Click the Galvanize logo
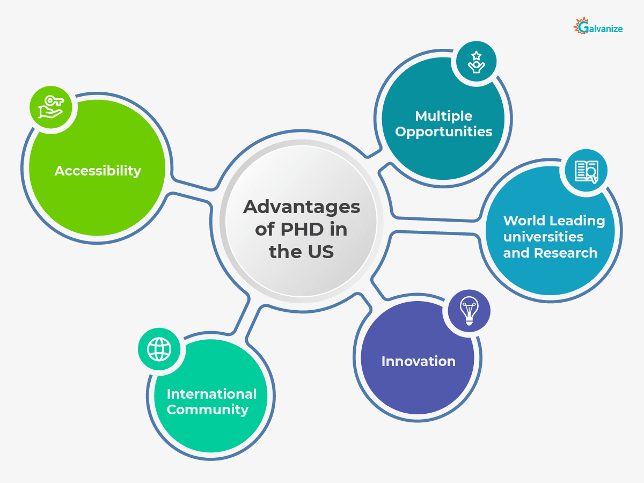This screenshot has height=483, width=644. click(598, 27)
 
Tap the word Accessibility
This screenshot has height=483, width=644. click(98, 171)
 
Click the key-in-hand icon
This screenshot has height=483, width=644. click(50, 107)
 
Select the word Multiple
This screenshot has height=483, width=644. click(444, 116)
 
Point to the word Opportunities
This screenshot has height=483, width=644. click(444, 131)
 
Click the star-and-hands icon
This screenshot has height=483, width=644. click(476, 62)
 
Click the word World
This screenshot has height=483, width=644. click(522, 221)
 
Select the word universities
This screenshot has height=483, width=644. click(543, 237)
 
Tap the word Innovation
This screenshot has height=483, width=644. click(419, 361)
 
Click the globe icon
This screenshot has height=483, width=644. click(159, 349)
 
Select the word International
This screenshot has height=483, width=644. click(212, 394)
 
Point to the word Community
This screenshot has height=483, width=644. click(208, 409)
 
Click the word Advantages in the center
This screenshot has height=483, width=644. click(302, 207)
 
